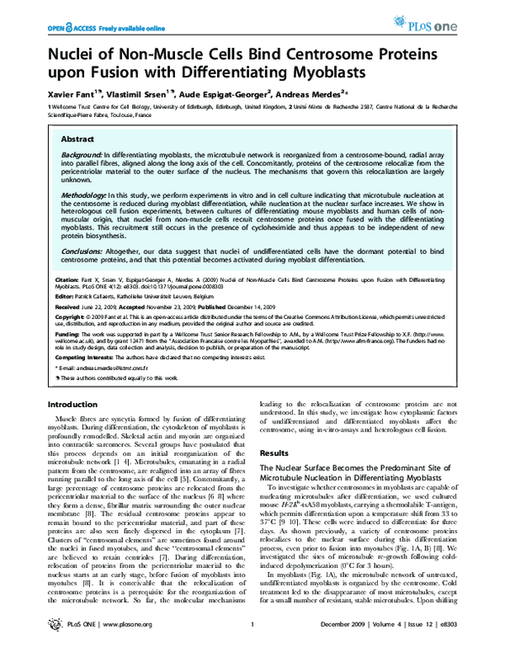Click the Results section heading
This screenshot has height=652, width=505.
(x=274, y=453)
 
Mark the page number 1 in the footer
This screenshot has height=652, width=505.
(x=252, y=645)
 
